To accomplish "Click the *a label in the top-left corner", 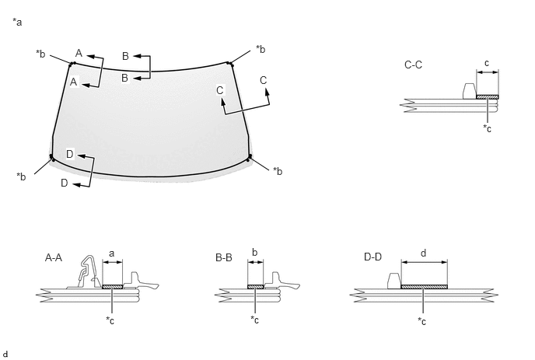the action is [x=17, y=23].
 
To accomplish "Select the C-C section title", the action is [x=413, y=65].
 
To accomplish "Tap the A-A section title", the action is [x=54, y=257].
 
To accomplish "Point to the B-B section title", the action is [x=224, y=257].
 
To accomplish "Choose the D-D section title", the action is [x=372, y=257].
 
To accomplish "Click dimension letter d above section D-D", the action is [x=424, y=253].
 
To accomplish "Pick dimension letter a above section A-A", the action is [x=111, y=253].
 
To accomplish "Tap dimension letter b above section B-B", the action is [x=254, y=253].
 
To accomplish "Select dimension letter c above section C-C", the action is [x=487, y=63].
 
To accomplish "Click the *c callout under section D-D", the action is [x=421, y=321].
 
